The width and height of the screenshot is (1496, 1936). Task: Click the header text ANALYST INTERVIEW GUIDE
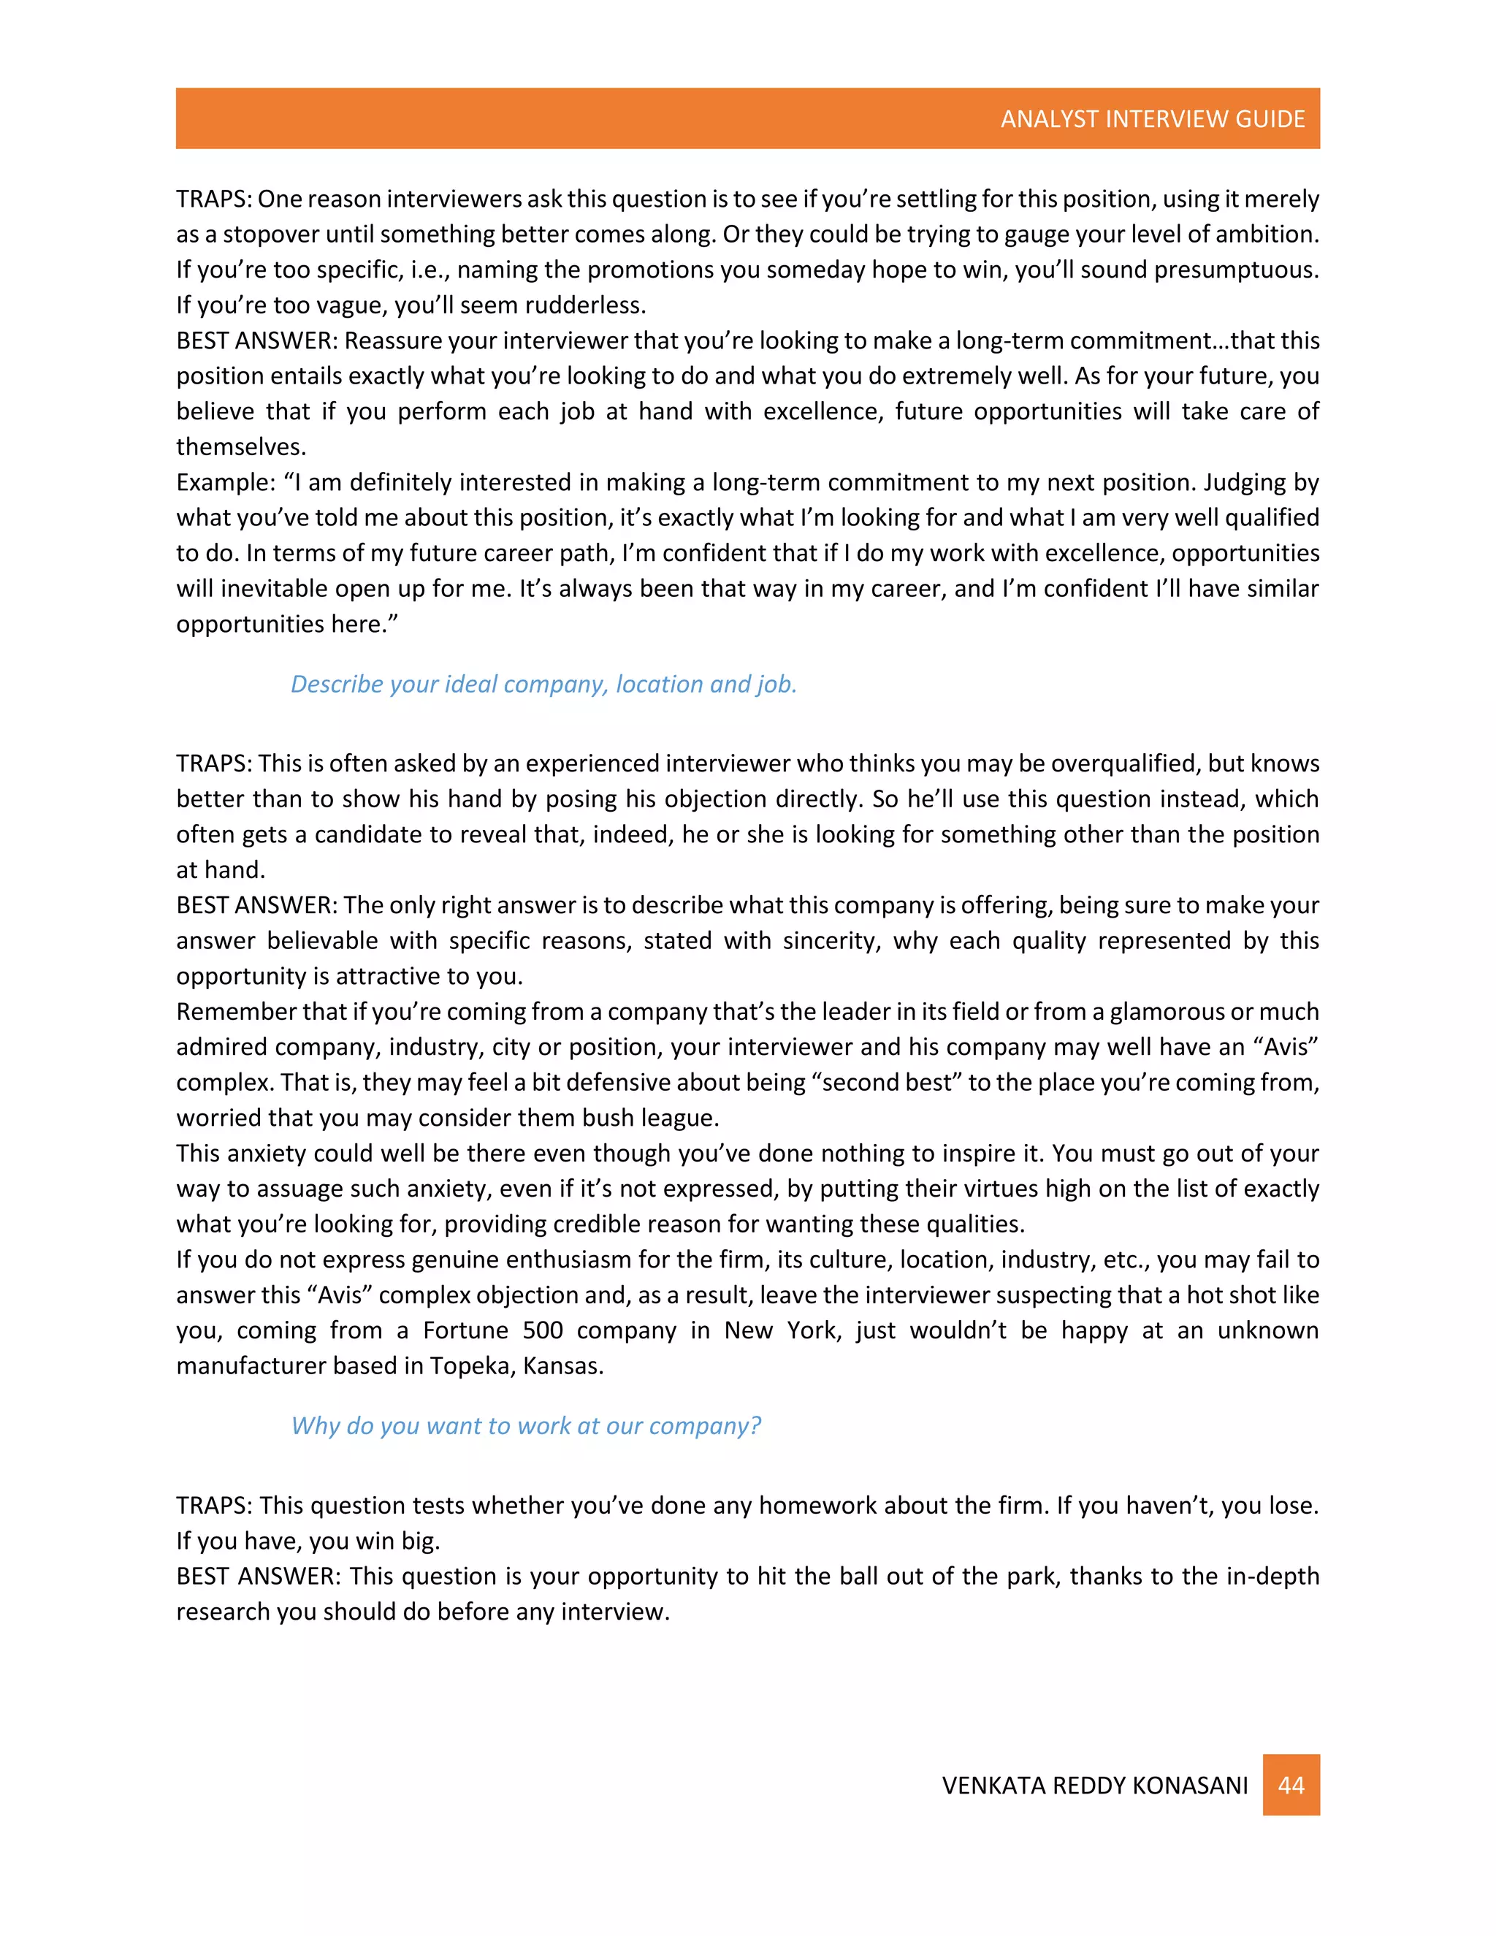(x=1152, y=119)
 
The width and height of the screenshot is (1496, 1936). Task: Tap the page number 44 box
(x=1291, y=1785)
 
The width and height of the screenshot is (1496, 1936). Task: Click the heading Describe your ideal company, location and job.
(x=543, y=685)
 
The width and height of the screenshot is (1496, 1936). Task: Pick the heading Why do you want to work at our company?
(x=525, y=1425)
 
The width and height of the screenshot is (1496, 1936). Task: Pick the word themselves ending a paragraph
(x=240, y=447)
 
